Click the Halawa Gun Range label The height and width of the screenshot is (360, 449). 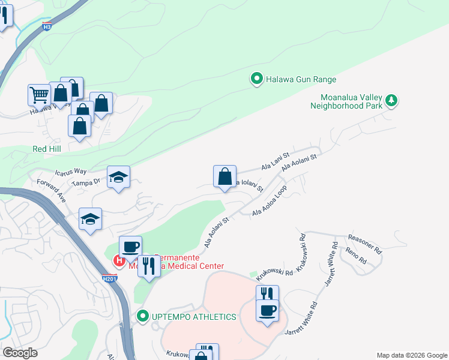[301, 79]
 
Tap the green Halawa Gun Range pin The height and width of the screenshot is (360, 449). [257, 79]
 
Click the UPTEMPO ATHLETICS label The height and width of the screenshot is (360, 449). [193, 316]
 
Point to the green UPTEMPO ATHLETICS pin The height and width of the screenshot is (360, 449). [142, 316]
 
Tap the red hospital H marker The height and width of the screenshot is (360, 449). [119, 260]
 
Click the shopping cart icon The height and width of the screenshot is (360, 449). [39, 94]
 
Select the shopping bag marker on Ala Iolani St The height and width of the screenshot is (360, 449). [224, 177]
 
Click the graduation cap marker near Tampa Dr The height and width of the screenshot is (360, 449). [119, 177]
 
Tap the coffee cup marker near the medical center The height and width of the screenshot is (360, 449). [130, 247]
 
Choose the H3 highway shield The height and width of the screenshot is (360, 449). [47, 26]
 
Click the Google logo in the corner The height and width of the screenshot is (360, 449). [19, 353]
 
